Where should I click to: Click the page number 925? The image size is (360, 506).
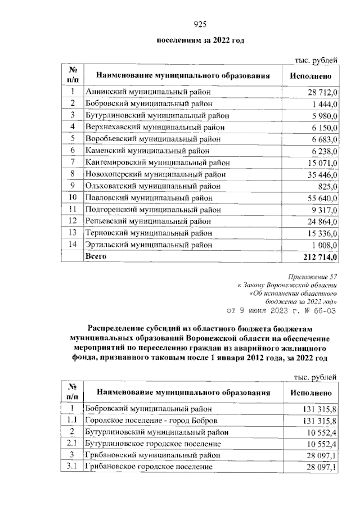pyautogui.click(x=201, y=24)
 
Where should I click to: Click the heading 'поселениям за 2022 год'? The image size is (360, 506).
pyautogui.click(x=201, y=40)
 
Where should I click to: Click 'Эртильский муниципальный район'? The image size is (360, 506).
pyautogui.click(x=148, y=245)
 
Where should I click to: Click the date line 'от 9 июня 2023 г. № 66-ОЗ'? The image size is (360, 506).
pyautogui.click(x=281, y=309)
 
